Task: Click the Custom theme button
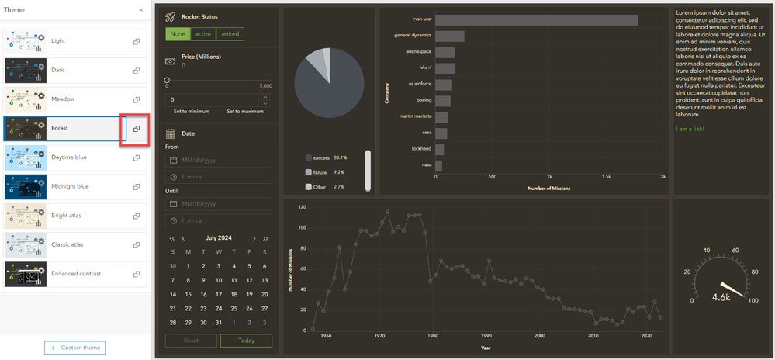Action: [x=74, y=348]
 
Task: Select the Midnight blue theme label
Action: [x=70, y=186]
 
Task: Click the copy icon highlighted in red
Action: [x=136, y=129]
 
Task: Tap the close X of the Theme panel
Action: [x=140, y=10]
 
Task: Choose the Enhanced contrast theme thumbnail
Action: [x=25, y=274]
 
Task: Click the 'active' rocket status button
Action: [x=203, y=33]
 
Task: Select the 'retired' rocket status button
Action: [x=230, y=33]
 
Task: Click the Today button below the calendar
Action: [x=246, y=341]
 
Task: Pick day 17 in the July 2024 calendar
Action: [x=219, y=294]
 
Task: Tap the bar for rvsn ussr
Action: [x=536, y=20]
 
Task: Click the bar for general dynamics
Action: [x=450, y=36]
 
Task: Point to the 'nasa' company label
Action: [x=426, y=165]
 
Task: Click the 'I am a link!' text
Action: [x=690, y=129]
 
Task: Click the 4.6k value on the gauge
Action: [x=721, y=297]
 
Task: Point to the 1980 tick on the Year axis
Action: [x=433, y=336]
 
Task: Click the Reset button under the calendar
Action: [x=191, y=341]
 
